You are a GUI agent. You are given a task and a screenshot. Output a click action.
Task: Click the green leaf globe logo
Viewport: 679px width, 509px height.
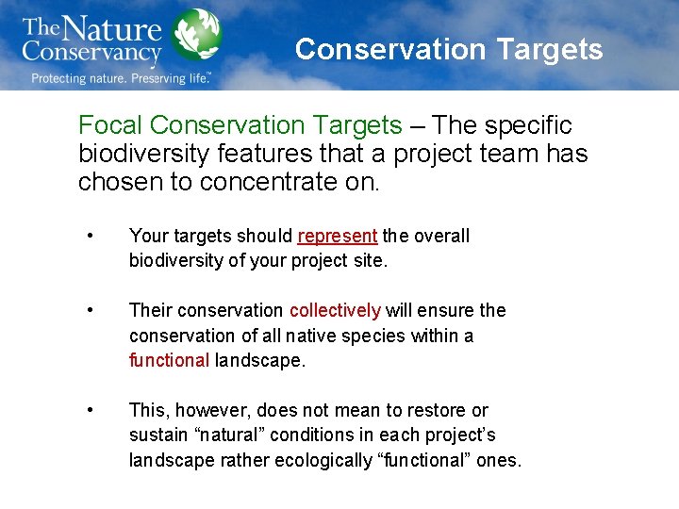coord(198,35)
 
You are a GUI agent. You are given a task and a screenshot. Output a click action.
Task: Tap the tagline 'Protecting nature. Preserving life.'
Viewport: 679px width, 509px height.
coord(121,78)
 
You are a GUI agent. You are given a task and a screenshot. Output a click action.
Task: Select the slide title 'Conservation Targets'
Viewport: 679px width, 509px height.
coord(449,49)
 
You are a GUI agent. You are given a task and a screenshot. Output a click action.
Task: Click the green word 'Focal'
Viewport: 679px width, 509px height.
coord(110,125)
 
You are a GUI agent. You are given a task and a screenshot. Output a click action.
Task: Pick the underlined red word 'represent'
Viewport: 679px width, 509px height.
coord(337,236)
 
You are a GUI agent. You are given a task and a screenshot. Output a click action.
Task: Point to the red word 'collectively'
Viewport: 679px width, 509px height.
coord(335,310)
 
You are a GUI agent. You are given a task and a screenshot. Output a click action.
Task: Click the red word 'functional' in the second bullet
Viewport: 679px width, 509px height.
coord(169,360)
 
